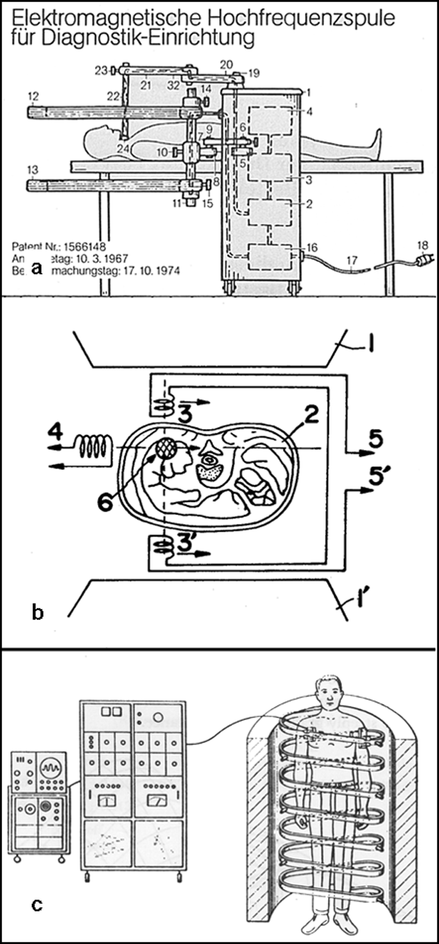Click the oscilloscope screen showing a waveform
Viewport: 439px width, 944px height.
(49, 769)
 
